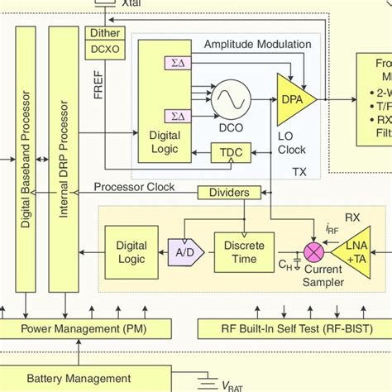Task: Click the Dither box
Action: (x=104, y=34)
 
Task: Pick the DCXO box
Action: (x=104, y=50)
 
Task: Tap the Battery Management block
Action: (x=74, y=379)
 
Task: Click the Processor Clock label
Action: (x=133, y=187)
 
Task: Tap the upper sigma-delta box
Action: (x=176, y=65)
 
